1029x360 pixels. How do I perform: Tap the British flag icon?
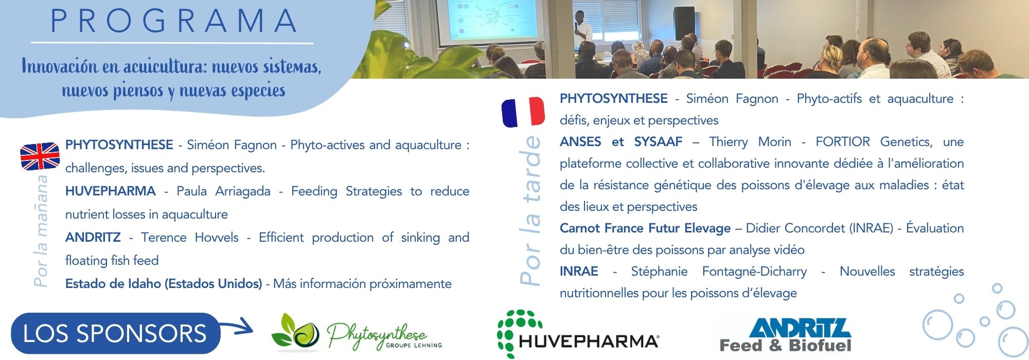40,156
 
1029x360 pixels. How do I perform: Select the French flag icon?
523,112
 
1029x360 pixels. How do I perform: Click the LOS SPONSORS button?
115,333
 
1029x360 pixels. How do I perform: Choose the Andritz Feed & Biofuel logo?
785,335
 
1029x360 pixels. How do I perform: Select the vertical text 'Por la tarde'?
530,210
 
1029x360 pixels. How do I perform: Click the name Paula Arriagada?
223,191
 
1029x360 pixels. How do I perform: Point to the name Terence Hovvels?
190,238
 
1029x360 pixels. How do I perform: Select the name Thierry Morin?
750,142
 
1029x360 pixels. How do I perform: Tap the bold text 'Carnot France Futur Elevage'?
645,228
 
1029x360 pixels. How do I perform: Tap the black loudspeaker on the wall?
684,23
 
